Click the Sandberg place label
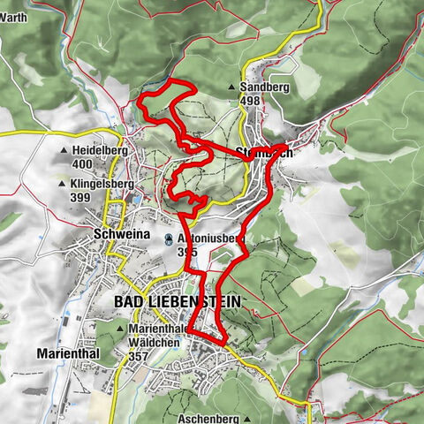(262, 87)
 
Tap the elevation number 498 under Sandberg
(250, 101)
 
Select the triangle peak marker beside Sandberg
(231, 88)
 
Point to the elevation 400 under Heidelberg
(83, 164)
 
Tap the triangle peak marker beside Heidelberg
(64, 151)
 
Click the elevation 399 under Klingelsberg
(79, 197)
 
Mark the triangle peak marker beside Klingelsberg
(64, 185)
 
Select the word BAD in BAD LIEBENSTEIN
(129, 301)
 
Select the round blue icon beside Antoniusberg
(169, 238)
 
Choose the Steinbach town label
(265, 152)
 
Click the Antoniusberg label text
(205, 238)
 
